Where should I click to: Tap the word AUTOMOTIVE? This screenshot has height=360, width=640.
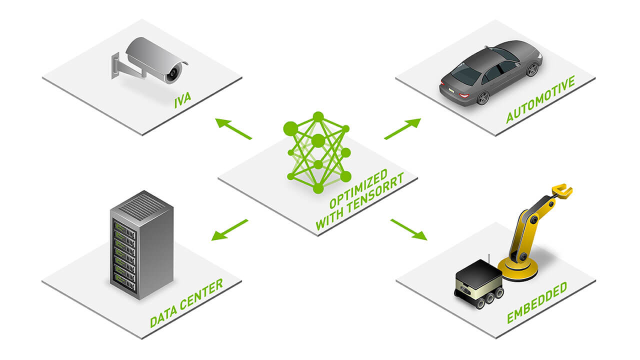click(540, 99)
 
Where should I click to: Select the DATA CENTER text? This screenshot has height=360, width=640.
click(186, 303)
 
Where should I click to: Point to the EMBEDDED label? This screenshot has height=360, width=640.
click(537, 302)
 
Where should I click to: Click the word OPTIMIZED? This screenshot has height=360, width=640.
click(358, 188)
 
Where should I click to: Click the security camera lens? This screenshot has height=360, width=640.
click(173, 73)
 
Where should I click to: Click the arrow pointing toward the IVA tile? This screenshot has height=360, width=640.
click(233, 128)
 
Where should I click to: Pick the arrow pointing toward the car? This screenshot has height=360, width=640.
click(402, 129)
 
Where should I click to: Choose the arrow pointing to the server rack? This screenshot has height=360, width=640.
click(229, 230)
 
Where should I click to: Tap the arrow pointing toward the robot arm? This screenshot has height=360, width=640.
click(409, 229)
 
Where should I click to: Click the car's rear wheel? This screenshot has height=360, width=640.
click(483, 98)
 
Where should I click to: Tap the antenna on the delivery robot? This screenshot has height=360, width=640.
click(489, 258)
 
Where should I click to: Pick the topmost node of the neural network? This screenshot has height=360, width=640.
click(318, 116)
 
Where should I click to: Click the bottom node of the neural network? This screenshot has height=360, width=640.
click(318, 189)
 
